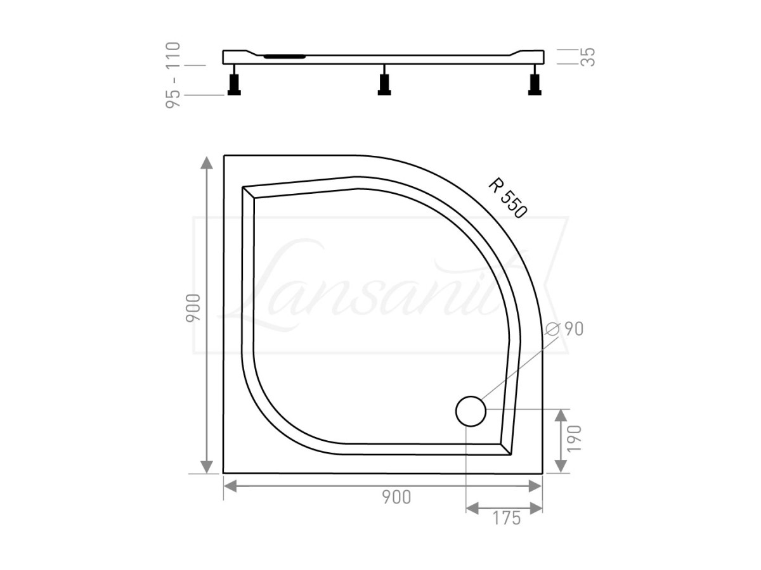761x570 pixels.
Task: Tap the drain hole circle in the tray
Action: [471, 410]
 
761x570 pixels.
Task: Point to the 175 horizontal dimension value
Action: [505, 518]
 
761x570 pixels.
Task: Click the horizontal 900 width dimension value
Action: [397, 498]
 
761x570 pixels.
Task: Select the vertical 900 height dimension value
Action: [193, 308]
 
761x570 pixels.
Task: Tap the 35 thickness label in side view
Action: [588, 57]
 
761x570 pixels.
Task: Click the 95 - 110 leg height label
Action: [173, 75]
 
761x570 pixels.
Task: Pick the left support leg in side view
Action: [234, 84]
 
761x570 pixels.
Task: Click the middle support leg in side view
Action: [384, 84]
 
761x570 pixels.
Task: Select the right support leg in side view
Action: [535, 84]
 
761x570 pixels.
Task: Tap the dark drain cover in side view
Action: [285, 56]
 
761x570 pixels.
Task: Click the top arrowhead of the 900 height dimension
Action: [207, 162]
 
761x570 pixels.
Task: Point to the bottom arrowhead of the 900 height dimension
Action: [207, 466]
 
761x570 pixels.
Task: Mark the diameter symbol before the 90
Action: [552, 328]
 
